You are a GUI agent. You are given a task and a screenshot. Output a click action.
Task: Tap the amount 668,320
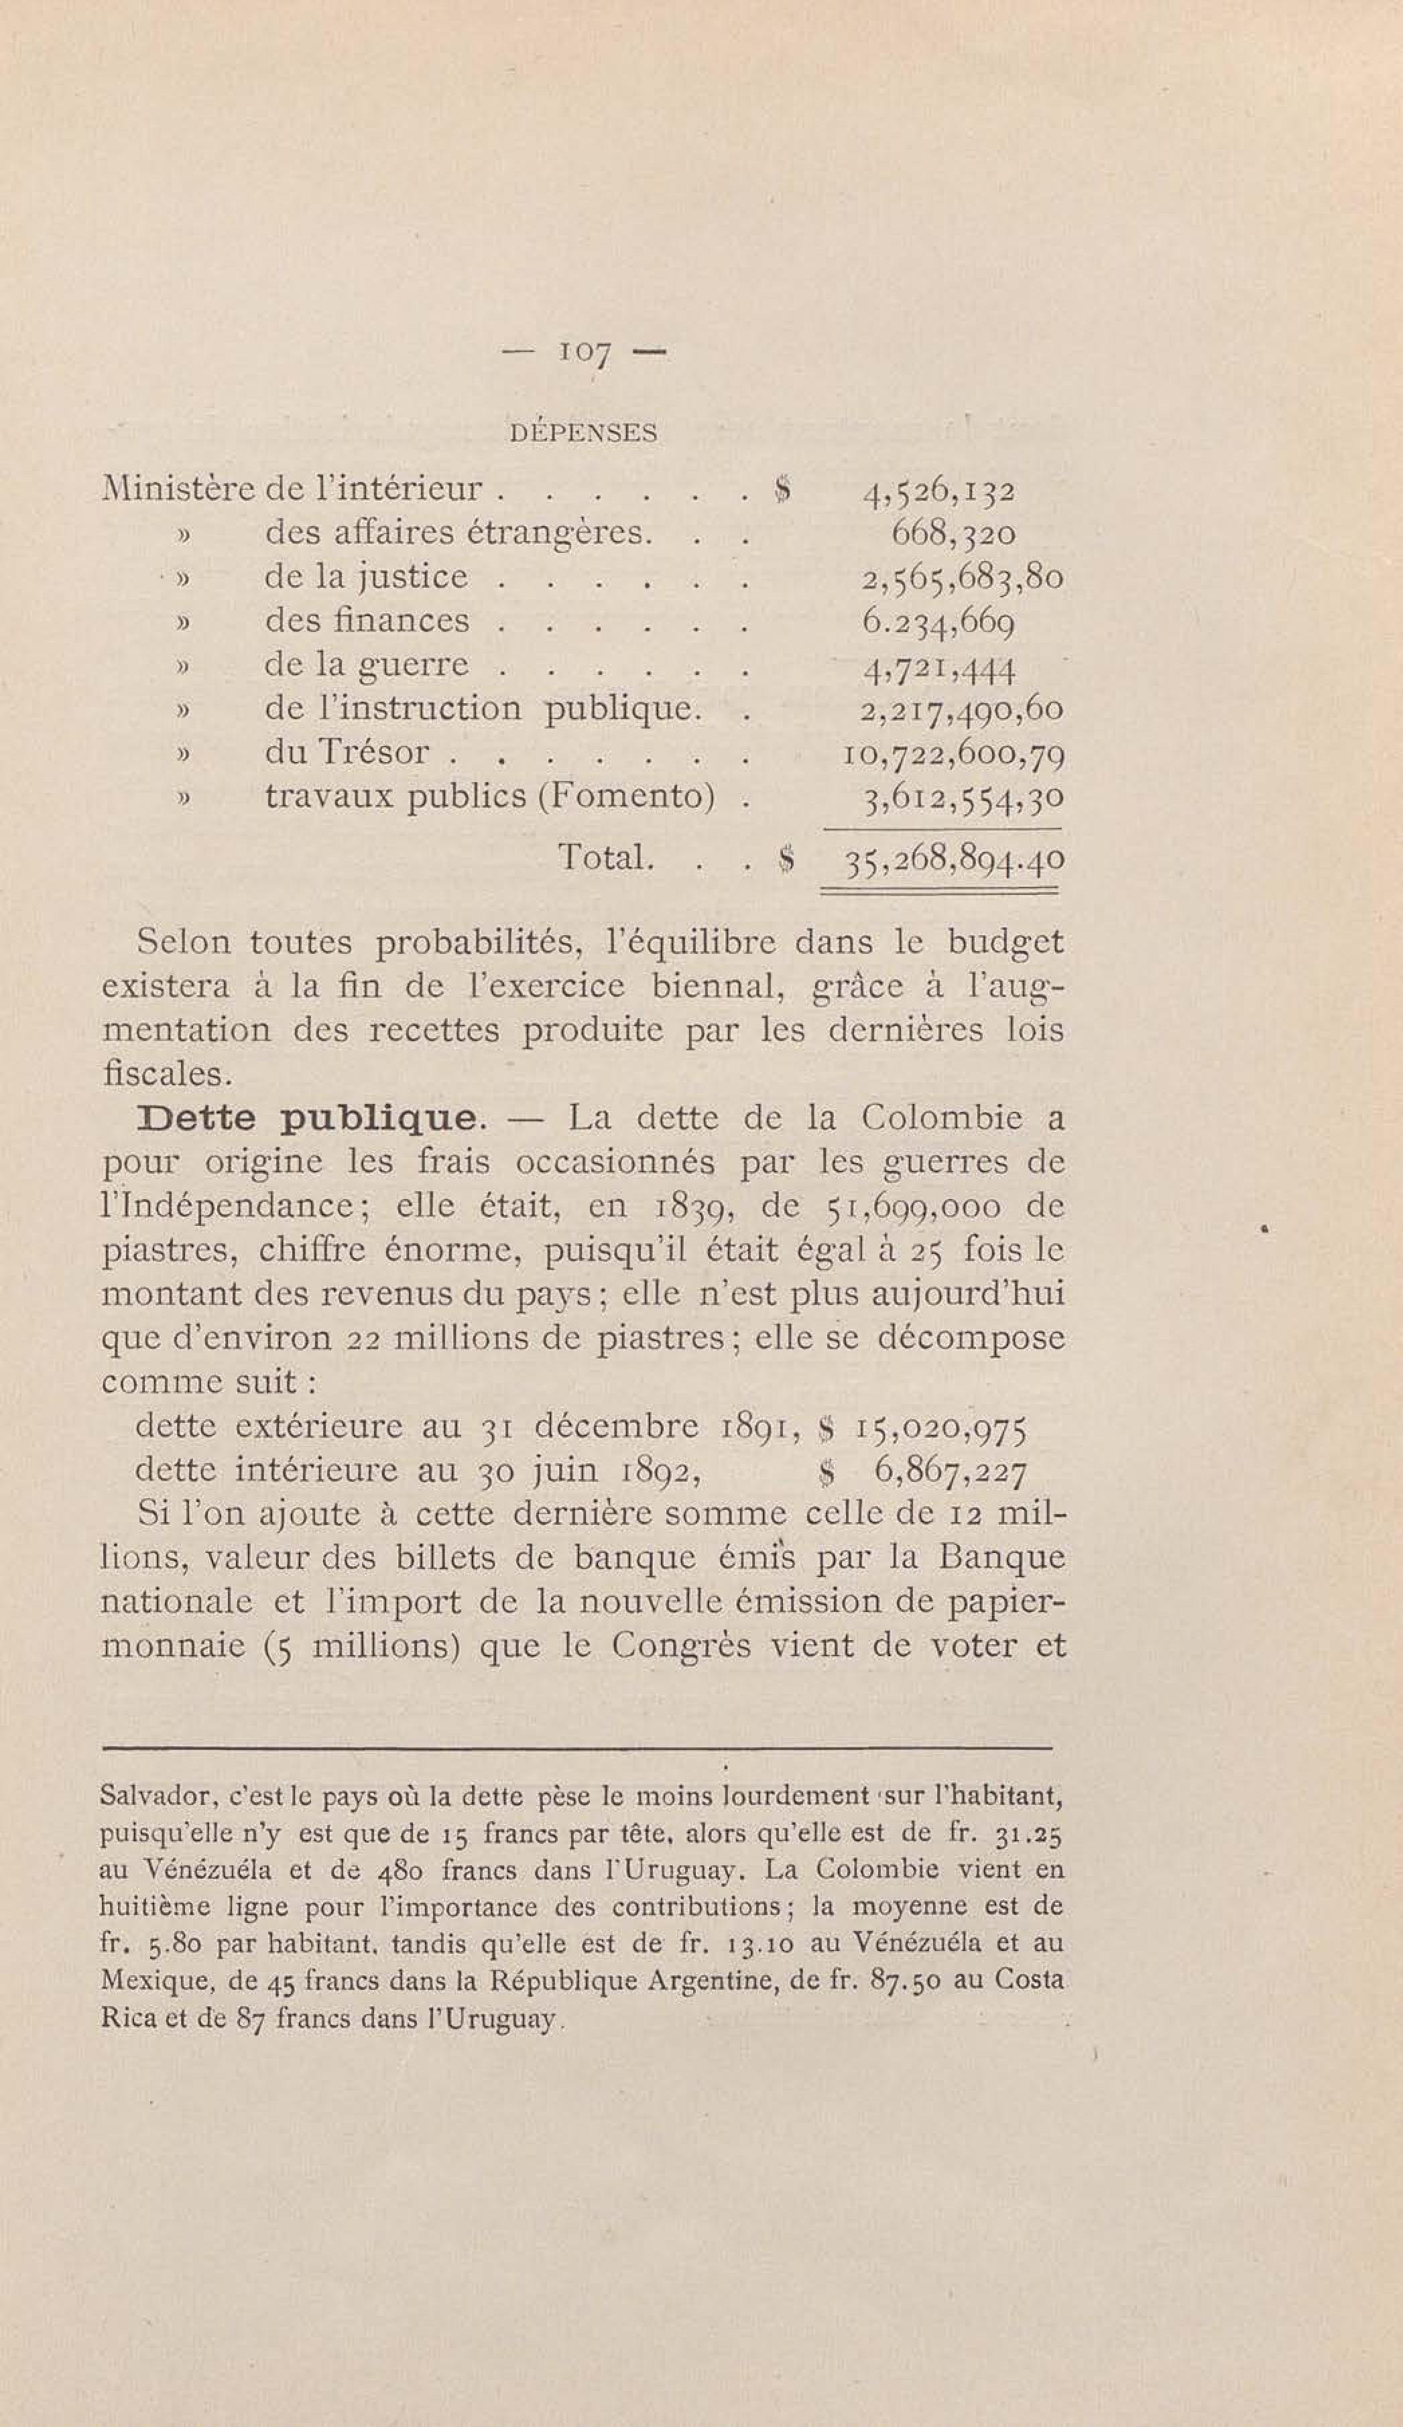(x=953, y=534)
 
